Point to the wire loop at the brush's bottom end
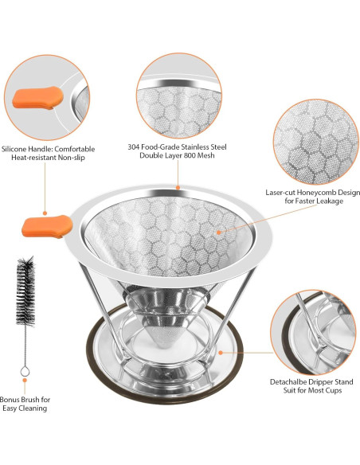[x=24, y=372]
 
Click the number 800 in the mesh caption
[x=194, y=158]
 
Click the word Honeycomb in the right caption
[x=326, y=192]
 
